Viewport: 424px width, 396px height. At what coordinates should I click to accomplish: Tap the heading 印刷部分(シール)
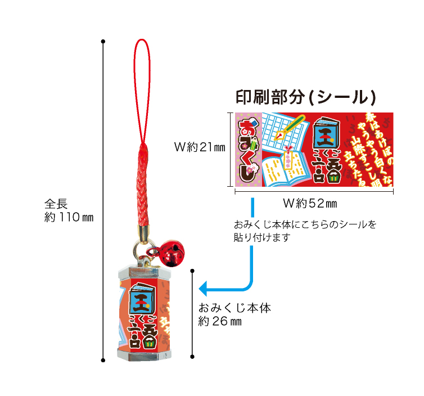pos(305,97)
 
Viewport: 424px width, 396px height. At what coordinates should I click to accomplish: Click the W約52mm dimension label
pos(310,202)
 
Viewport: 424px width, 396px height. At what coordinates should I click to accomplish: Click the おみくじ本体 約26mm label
pos(235,315)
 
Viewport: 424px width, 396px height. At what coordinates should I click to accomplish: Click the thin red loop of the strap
pos(143,84)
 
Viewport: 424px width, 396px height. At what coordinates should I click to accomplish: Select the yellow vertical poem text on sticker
pos(368,149)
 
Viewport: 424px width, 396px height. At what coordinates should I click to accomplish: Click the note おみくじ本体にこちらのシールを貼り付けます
pos(304,231)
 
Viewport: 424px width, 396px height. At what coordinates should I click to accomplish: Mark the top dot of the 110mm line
pos(103,42)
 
